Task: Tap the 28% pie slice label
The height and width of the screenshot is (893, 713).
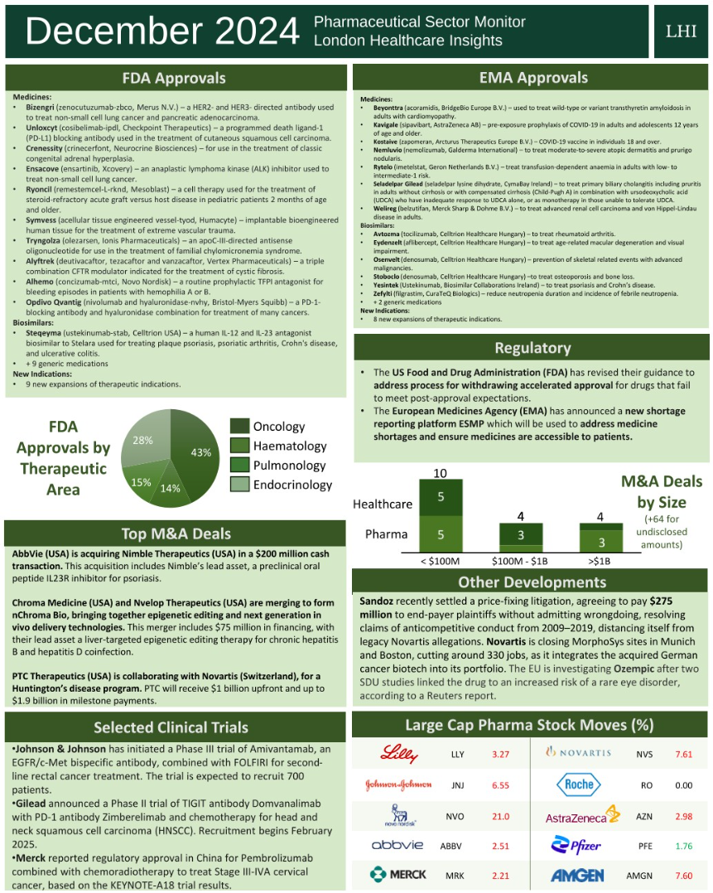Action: (x=143, y=440)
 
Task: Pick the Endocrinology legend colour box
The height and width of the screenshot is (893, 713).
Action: (x=238, y=485)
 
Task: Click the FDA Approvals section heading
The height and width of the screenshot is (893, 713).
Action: (x=174, y=78)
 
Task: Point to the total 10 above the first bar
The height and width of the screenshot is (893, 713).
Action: (x=441, y=473)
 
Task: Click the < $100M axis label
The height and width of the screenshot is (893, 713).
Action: (x=441, y=561)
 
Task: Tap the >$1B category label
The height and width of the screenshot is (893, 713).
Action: (x=601, y=561)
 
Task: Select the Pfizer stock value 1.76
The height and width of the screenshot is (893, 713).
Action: (x=683, y=846)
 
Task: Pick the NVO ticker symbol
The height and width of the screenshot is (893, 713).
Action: (x=455, y=816)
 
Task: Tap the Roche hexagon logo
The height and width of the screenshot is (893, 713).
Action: (x=580, y=784)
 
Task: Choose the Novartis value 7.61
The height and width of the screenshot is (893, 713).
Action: (x=683, y=754)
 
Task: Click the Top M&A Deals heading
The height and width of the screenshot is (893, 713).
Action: (x=176, y=533)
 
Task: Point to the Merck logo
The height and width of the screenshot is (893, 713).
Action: (x=398, y=875)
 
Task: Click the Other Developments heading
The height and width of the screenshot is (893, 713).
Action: (x=532, y=582)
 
